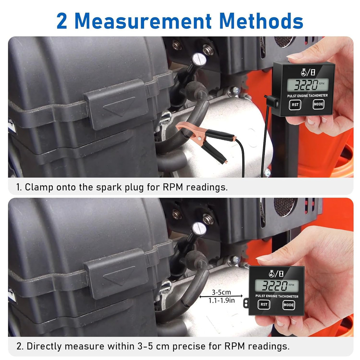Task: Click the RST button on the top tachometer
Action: point(295,105)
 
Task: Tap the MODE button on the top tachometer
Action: point(318,104)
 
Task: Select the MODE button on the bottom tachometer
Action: point(288,305)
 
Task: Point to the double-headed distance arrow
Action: point(223,296)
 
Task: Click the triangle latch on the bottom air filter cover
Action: point(119,276)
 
